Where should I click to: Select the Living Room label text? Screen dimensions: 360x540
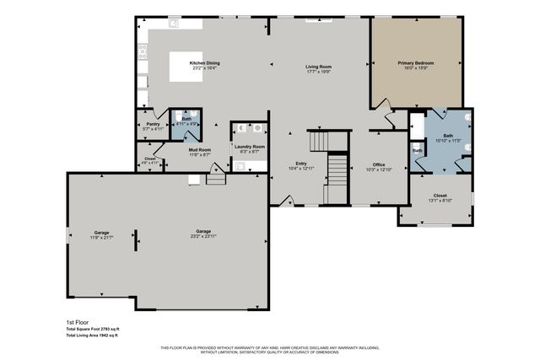318,68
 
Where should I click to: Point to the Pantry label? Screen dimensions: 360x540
153,126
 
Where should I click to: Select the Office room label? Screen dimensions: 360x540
378,167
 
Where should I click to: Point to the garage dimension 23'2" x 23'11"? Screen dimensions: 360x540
202,234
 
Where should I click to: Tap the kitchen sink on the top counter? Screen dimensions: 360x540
174,23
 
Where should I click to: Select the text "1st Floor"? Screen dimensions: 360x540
77,322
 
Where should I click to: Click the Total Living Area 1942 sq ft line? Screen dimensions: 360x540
93,336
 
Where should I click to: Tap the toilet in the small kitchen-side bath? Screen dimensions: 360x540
192,117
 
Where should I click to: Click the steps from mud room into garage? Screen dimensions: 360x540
215,178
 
